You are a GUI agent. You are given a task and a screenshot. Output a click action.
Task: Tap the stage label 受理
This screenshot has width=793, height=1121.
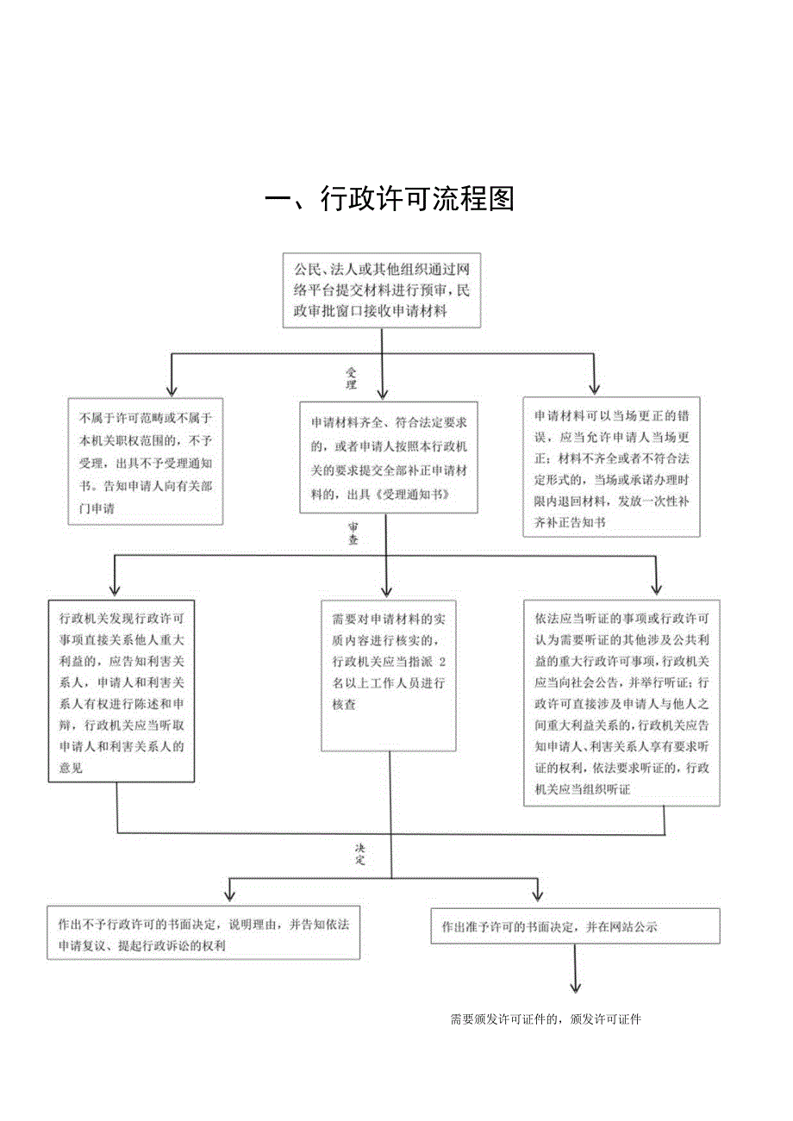click(352, 378)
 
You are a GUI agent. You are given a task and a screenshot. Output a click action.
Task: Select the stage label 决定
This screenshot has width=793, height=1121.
click(360, 853)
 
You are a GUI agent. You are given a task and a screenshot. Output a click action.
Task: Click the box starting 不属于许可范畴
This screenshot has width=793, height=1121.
click(146, 462)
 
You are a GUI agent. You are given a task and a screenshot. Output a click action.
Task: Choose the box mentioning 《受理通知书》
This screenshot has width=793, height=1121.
click(388, 457)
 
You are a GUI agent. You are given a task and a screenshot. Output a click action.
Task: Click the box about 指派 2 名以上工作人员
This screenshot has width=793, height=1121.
click(389, 674)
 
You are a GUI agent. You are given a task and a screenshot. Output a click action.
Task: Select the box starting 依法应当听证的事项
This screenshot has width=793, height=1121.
click(621, 703)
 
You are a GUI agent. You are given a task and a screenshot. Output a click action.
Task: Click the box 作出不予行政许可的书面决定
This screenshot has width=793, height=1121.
click(203, 933)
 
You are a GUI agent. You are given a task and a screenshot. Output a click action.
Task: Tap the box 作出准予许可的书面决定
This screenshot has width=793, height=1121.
click(575, 926)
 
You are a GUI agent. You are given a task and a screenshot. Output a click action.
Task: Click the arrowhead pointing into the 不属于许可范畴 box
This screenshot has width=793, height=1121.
click(171, 389)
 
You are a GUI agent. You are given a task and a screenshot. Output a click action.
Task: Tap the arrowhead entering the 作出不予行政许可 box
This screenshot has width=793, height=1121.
click(229, 894)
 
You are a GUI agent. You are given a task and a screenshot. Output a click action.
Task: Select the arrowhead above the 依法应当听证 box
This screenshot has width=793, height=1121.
click(656, 589)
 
